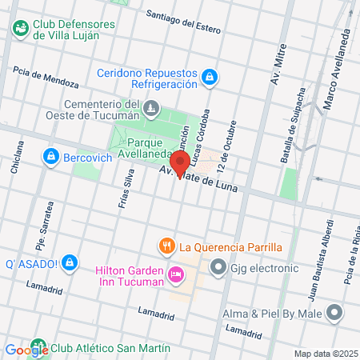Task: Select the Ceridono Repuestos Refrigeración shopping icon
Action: tap(208, 77)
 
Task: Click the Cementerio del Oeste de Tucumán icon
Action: tap(150, 106)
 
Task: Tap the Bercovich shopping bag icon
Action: tap(51, 155)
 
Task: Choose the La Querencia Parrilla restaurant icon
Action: tap(166, 246)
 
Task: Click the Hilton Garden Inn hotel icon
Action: tap(175, 276)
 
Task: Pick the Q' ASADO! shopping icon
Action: tap(69, 262)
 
